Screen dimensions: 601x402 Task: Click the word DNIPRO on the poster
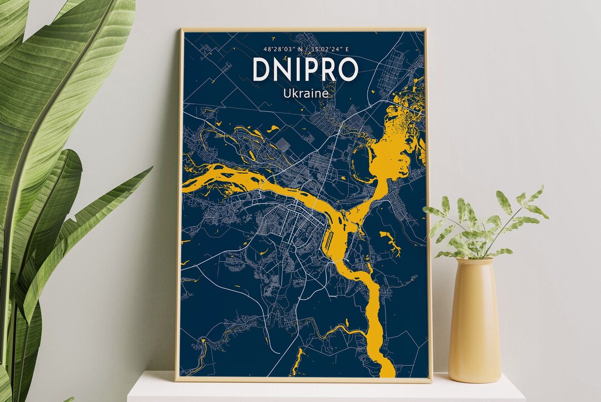point(305,69)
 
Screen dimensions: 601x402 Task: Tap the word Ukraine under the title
point(305,94)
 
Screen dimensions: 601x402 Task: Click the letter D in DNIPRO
point(261,69)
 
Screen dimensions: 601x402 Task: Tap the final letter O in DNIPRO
point(348,69)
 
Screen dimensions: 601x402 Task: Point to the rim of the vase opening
point(474,261)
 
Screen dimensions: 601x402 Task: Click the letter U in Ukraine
point(287,94)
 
